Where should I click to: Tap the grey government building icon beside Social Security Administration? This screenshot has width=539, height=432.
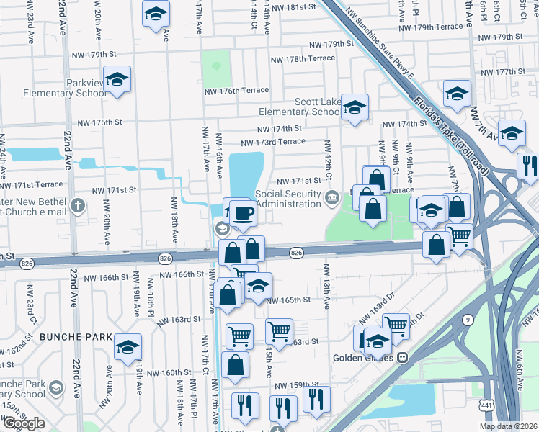(331, 197)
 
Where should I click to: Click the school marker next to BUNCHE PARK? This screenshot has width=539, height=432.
(128, 348)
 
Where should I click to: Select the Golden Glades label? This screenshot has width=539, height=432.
(363, 357)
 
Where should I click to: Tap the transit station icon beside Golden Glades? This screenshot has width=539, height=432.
(403, 356)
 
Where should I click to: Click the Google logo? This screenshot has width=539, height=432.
(23, 423)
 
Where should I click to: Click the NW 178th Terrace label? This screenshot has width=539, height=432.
(302, 59)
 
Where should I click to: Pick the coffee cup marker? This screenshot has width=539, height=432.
(244, 213)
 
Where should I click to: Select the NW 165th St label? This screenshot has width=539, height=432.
(288, 300)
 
